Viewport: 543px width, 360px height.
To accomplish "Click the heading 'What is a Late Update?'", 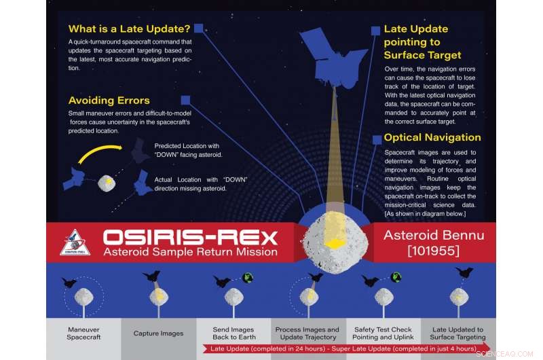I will click(128, 30).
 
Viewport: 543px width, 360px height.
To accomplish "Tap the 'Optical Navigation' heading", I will click(432, 137).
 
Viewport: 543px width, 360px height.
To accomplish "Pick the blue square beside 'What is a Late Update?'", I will click(198, 28).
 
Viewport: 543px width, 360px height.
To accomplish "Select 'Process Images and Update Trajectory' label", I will click(307, 333).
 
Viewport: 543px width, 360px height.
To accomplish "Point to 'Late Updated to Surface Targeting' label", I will click(458, 333).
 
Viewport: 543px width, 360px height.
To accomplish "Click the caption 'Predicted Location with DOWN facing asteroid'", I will click(199, 150).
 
